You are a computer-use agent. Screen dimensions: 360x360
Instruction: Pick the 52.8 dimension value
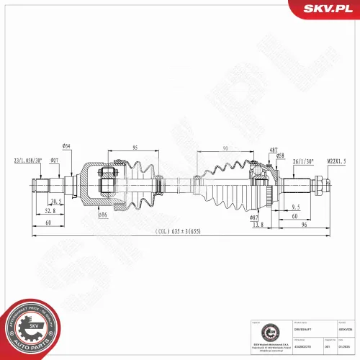click(49, 212)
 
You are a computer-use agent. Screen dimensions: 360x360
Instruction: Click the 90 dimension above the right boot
click(225, 148)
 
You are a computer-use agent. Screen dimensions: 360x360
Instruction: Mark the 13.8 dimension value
click(258, 225)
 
